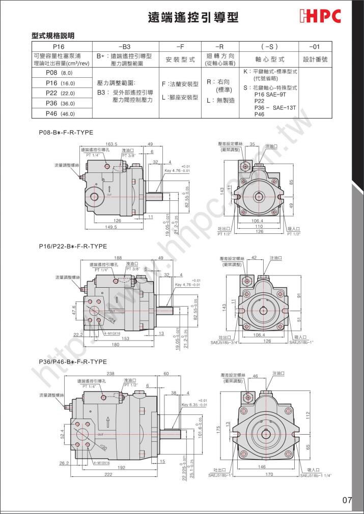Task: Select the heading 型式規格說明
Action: click(53, 36)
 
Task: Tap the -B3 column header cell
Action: click(124, 46)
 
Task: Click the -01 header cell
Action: click(316, 46)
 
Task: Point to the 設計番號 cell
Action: click(316, 59)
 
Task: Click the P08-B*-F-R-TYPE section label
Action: click(66, 132)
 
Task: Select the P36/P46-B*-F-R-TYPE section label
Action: click(73, 361)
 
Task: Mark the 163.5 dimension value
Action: click(111, 144)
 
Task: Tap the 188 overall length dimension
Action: click(118, 258)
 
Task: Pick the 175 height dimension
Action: click(218, 427)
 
